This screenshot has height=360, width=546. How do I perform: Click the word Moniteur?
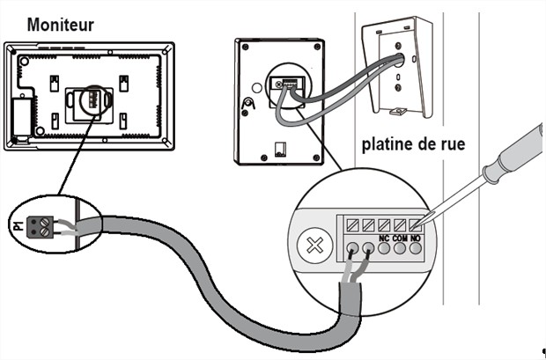coord(60,24)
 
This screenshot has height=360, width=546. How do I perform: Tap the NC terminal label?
coord(384,238)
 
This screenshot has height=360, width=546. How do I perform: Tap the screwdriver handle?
coord(520,150)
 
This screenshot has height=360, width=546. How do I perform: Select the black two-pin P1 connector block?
coord(39,227)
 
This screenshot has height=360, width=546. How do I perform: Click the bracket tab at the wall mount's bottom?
coord(398,112)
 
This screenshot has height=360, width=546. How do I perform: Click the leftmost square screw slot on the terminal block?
coord(352,224)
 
